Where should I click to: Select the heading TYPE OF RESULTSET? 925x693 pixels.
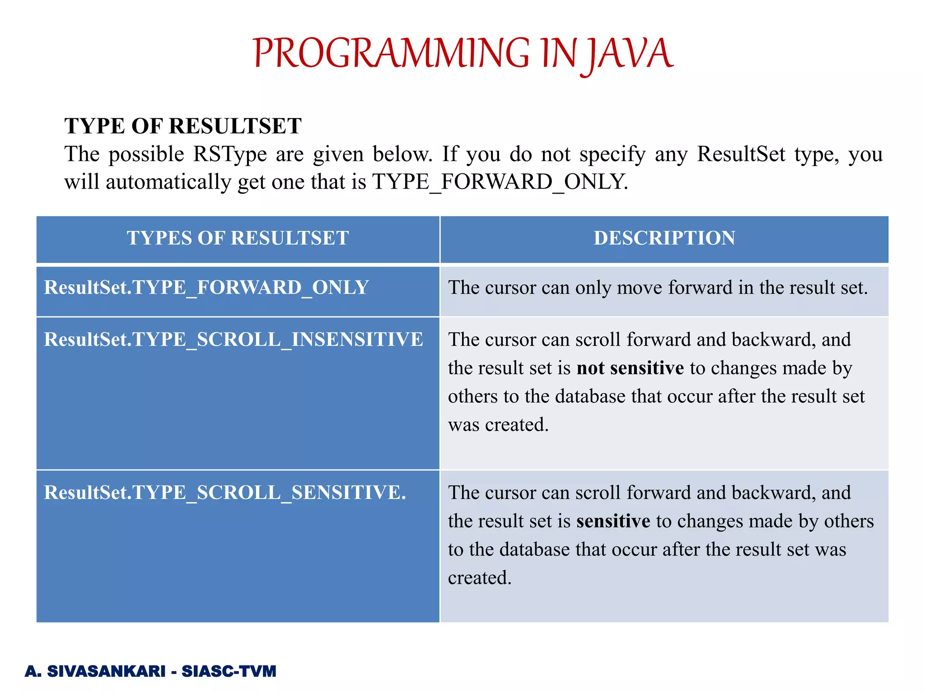[x=183, y=126]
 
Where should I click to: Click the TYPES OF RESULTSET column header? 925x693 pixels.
[x=238, y=238]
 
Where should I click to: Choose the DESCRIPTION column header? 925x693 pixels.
[x=664, y=238]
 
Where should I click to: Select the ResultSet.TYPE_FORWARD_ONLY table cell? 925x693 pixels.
[x=206, y=287]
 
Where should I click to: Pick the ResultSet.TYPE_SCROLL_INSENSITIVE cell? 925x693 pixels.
[x=234, y=339]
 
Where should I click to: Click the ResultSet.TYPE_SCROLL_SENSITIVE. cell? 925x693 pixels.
[x=225, y=492]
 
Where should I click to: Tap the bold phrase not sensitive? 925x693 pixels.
[x=630, y=368]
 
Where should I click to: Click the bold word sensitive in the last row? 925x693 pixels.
[x=613, y=521]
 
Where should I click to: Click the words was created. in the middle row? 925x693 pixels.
[x=498, y=425]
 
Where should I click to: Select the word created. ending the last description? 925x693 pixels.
[x=480, y=578]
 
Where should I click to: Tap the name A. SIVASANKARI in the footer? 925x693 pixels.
[x=95, y=671]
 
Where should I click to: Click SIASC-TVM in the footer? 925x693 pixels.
[x=229, y=671]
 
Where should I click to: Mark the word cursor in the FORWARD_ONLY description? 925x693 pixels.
[x=510, y=287]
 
